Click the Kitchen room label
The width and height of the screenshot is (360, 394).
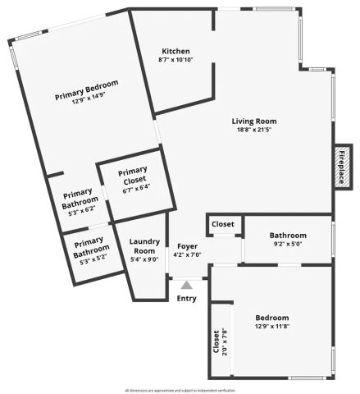(175, 50)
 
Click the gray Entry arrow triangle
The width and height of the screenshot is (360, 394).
(187, 285)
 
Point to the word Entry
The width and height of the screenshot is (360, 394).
(187, 298)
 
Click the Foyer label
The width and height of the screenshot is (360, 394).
(187, 245)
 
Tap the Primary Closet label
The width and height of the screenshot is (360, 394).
(132, 176)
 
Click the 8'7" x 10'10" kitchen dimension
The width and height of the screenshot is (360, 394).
(175, 60)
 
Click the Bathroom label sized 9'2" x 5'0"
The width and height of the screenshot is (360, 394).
(288, 235)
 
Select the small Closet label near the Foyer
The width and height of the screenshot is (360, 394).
(223, 224)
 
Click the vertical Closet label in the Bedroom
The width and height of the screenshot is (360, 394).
(216, 342)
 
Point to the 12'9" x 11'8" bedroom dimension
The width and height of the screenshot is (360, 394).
(271, 327)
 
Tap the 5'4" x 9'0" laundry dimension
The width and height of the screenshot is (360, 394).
(144, 259)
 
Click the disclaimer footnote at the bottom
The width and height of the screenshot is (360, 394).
(180, 390)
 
